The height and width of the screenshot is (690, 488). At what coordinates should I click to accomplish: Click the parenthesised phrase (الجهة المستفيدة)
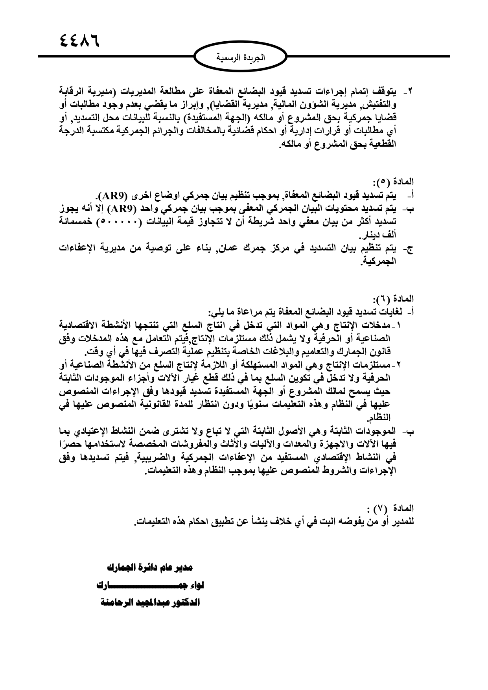(x=247, y=118)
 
